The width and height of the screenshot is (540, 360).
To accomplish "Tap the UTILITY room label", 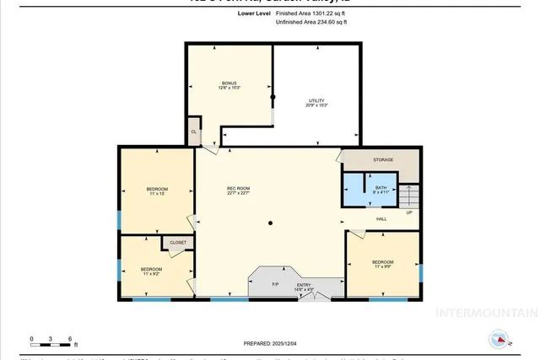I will [x=315, y=104].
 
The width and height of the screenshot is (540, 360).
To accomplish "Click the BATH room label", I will [x=381, y=190].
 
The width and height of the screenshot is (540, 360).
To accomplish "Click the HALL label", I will [x=381, y=218].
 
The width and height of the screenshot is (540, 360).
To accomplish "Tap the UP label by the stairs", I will [x=409, y=212].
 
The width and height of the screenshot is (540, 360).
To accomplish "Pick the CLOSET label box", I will [x=178, y=242].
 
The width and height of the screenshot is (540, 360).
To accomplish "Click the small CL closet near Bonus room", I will [x=194, y=132].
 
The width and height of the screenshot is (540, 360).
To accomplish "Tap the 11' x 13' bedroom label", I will [x=157, y=191].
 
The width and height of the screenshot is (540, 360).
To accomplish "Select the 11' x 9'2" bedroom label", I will [x=151, y=271].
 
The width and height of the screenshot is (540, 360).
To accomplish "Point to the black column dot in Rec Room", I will [x=270, y=223].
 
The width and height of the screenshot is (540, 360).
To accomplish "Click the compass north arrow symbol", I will [x=499, y=340].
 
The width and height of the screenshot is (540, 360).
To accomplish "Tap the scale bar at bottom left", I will [x=52, y=343].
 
